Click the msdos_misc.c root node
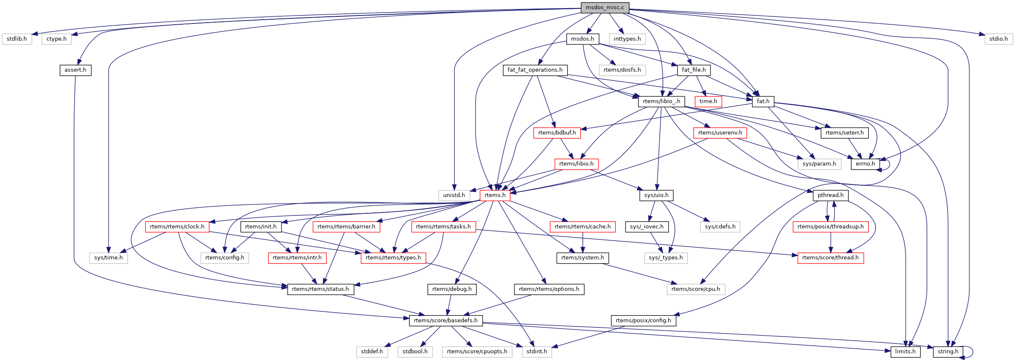coord(604,8)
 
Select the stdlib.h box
coord(17,39)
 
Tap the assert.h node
coord(75,70)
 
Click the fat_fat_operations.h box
coord(535,70)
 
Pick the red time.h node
coord(708,101)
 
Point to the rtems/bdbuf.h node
coord(557,133)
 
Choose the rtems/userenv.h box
coord(720,133)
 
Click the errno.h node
coord(865,164)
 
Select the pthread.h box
coord(830,195)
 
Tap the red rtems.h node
coord(495,195)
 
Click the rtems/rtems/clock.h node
coord(177,227)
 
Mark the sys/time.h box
coord(108,258)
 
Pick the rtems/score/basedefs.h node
coord(445,321)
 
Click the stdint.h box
coord(537,352)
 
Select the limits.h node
coord(905,352)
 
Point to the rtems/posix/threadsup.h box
coord(830,227)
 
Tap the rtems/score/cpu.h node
coord(695,289)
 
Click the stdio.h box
coord(998,39)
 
